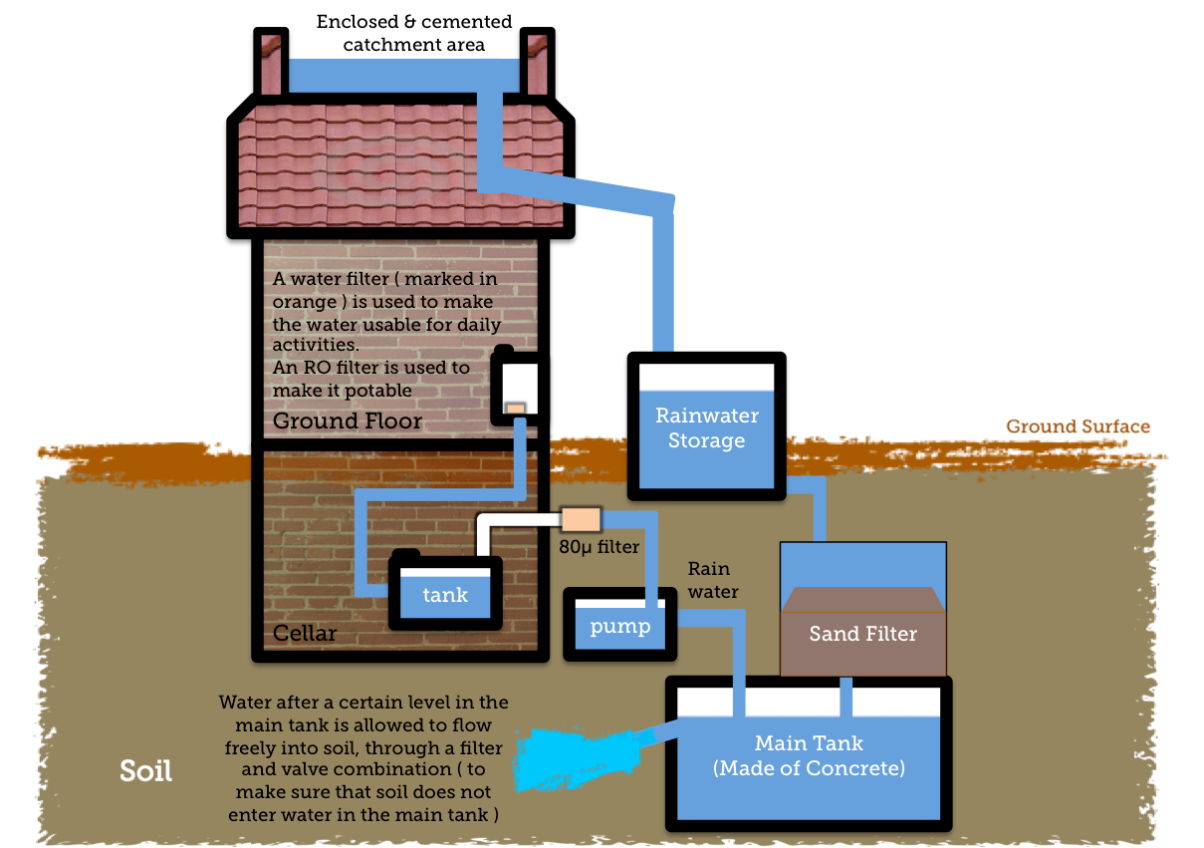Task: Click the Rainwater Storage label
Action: click(x=706, y=427)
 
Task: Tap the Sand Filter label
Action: click(x=862, y=634)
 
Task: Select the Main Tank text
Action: click(x=809, y=743)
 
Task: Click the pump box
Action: click(x=619, y=626)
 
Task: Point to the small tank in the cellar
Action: click(x=445, y=594)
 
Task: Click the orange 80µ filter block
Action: click(x=582, y=520)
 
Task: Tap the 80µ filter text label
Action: click(x=599, y=546)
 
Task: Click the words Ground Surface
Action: click(x=1078, y=426)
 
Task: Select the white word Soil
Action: click(x=145, y=770)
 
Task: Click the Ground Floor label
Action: click(x=347, y=422)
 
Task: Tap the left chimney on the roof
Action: click(x=270, y=65)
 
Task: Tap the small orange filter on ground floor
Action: click(x=515, y=409)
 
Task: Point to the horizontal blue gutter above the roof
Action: click(x=403, y=75)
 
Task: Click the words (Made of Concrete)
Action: click(x=809, y=768)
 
